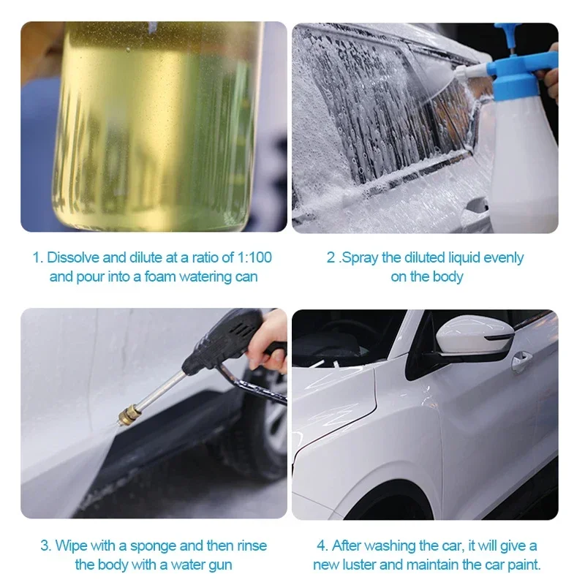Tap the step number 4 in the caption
[321, 546]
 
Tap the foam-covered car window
[366, 110]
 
